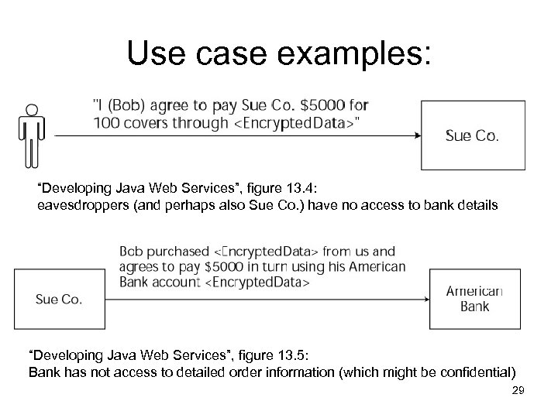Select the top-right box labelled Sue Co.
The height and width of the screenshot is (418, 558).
pos(472,135)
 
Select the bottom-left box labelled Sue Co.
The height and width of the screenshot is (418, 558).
pos(59,298)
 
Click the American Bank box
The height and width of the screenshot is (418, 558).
pos(474,299)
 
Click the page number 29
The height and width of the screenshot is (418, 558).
pos(518,392)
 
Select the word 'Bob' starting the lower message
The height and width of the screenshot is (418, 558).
pos(130,251)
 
